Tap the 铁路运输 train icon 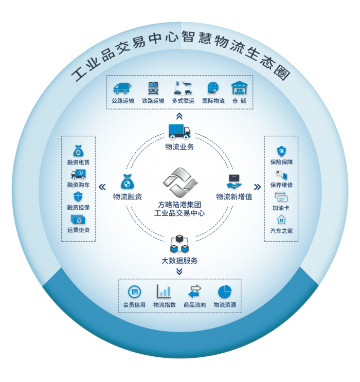click(x=153, y=87)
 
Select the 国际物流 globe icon click(x=213, y=87)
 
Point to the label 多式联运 click(x=184, y=101)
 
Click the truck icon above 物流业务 click(x=179, y=132)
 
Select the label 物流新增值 click(x=234, y=196)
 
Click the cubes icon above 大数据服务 click(x=179, y=242)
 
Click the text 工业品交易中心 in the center click(x=179, y=212)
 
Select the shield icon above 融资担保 click(x=79, y=196)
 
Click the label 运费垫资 click(x=79, y=230)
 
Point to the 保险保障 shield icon click(x=281, y=151)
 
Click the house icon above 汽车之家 click(x=281, y=220)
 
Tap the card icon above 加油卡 click(x=281, y=196)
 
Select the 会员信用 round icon click(x=134, y=292)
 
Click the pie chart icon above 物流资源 click(x=225, y=292)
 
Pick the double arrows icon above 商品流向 click(x=195, y=292)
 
